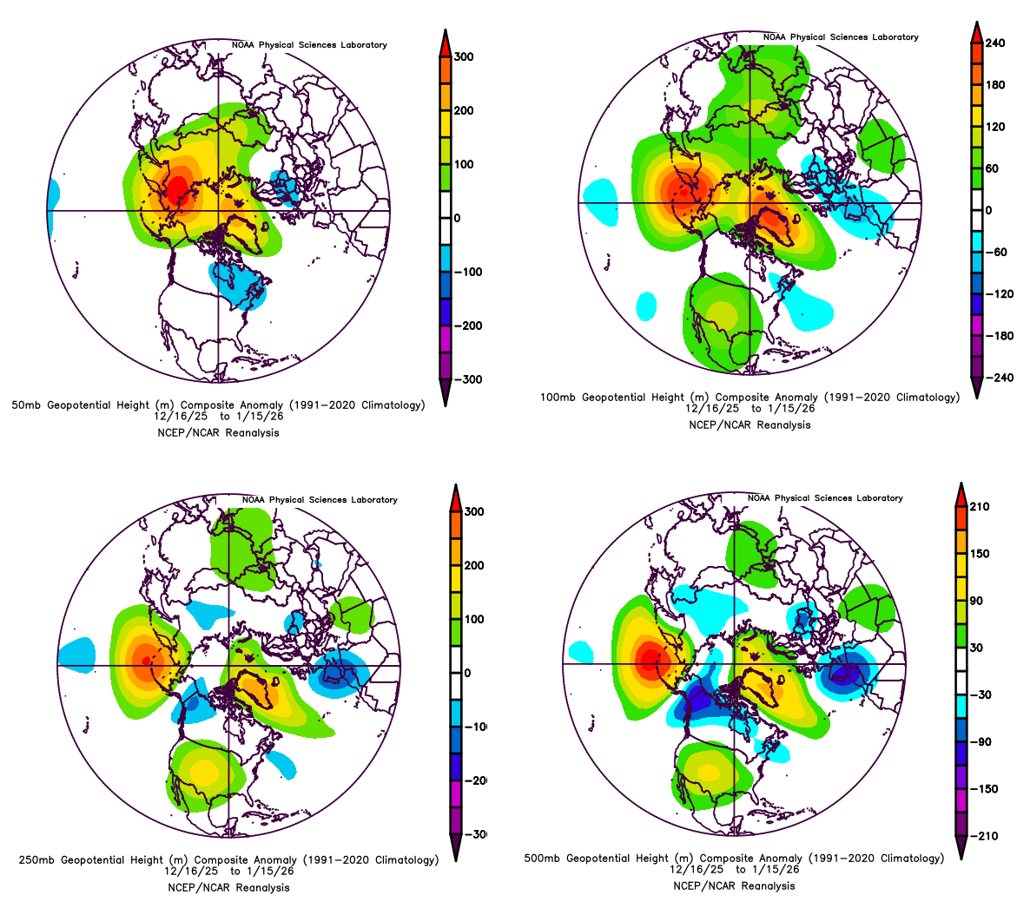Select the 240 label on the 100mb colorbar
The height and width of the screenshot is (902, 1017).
(x=995, y=43)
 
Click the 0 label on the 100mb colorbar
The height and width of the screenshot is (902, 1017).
(x=988, y=211)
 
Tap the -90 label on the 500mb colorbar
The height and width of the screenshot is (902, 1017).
(x=985, y=742)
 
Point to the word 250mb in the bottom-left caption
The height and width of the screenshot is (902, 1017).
(x=36, y=860)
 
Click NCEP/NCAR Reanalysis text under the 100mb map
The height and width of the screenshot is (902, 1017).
(x=750, y=425)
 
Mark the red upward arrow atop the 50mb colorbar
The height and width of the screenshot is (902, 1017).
(x=444, y=41)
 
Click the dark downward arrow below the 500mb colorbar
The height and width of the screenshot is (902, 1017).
(x=961, y=847)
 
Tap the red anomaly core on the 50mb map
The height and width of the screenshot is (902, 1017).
(x=177, y=188)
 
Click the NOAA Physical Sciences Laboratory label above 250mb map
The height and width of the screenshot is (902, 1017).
(x=320, y=500)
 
